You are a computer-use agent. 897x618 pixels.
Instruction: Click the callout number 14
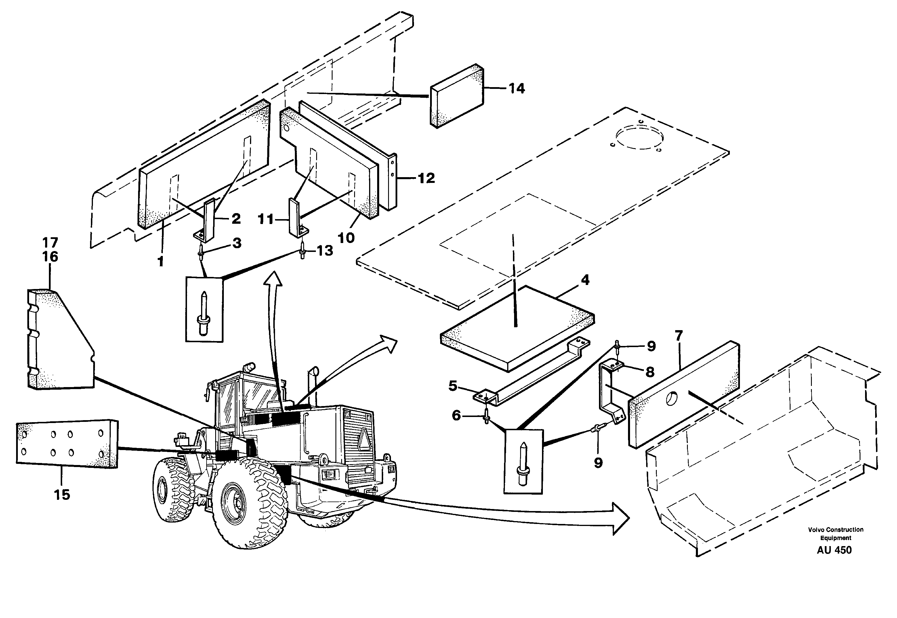tap(517, 89)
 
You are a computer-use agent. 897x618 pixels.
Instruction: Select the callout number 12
tap(426, 179)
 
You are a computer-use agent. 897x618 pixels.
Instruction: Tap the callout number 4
tap(585, 280)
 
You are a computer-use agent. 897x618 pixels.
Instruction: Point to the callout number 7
tap(679, 335)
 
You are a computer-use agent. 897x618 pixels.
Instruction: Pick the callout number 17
tap(50, 243)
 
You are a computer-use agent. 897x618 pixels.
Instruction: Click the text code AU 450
tap(834, 550)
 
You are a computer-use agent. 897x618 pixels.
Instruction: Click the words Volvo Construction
tap(835, 530)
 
